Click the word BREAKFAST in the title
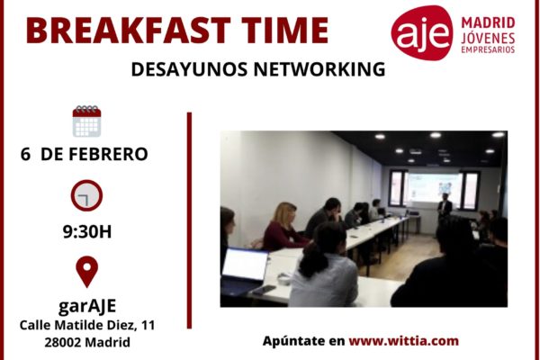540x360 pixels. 128,31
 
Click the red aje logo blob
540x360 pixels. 422,32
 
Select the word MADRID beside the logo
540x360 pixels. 488,23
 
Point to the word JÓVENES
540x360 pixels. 488,38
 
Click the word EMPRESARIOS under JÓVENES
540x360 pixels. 488,50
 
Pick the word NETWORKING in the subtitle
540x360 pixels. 319,69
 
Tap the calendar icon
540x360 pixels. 86,121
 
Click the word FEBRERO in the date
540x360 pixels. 108,154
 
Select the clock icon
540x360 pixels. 86,195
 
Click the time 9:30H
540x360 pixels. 87,232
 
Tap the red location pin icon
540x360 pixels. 86,272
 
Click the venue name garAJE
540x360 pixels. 87,306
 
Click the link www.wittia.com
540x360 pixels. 403,341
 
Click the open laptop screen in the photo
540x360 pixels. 245,265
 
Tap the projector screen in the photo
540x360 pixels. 433,188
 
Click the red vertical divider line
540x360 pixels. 189,220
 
